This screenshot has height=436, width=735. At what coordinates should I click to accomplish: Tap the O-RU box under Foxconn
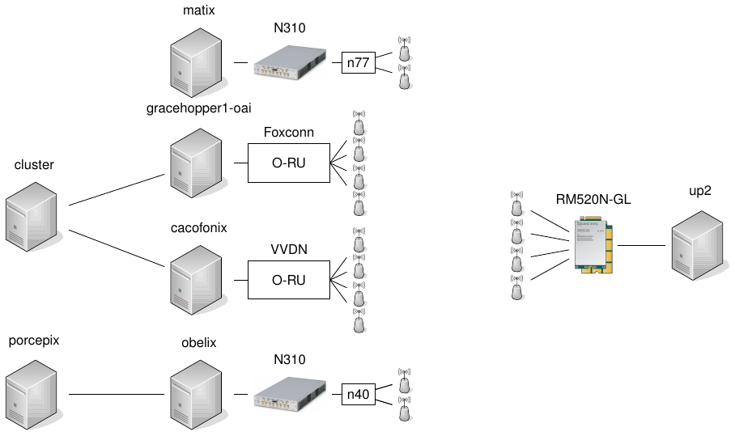tap(288, 163)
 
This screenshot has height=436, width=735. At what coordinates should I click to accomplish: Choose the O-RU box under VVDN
tap(288, 279)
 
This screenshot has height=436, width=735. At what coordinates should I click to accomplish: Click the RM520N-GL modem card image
tap(593, 245)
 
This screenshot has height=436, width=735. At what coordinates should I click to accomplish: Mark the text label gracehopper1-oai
tap(194, 108)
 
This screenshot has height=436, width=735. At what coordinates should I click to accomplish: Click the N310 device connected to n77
tap(288, 62)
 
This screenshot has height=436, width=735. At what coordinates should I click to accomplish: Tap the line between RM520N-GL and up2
tap(641, 245)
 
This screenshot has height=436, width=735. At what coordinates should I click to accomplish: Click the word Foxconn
tap(289, 132)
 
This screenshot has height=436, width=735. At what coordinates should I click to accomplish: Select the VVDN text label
tap(289, 249)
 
